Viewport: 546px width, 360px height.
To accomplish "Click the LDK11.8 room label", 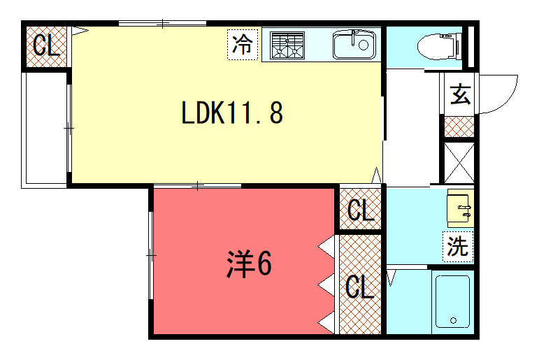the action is [x=232, y=113].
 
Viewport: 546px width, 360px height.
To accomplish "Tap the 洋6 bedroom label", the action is [x=249, y=264].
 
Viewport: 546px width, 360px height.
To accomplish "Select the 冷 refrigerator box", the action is [x=243, y=45].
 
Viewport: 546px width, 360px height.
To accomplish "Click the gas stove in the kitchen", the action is [x=287, y=45].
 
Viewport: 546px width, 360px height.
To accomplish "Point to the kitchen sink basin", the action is [x=354, y=45].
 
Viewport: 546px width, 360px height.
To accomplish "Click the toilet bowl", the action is [x=439, y=46].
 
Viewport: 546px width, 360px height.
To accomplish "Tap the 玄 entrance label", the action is [x=460, y=94].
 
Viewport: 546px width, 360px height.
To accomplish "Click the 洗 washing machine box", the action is [x=458, y=246].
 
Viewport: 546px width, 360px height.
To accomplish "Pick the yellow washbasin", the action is [x=460, y=208].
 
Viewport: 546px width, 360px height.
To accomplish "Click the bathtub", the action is [x=453, y=301].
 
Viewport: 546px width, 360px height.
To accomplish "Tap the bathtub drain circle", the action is [x=453, y=320].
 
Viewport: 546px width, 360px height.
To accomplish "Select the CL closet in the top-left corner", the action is [x=46, y=47].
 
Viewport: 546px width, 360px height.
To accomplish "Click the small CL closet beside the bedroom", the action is [x=361, y=209].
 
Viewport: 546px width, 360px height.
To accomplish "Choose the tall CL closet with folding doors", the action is [x=360, y=285].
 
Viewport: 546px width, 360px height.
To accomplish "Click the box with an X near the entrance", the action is [x=459, y=164].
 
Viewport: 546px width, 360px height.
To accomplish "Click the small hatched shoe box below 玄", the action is [x=459, y=127].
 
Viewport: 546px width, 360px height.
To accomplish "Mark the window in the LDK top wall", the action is [x=163, y=24].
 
